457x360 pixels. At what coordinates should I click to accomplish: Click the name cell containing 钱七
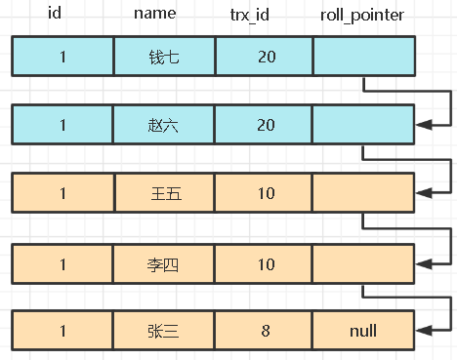tap(163, 57)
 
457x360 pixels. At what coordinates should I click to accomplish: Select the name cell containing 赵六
tap(163, 125)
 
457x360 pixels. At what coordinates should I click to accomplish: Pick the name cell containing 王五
tap(163, 193)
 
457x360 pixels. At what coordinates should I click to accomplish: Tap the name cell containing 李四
tap(163, 261)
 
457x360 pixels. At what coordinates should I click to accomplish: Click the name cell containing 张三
tap(163, 330)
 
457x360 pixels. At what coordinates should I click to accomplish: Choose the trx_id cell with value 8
tap(265, 330)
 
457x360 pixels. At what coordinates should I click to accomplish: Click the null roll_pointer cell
tap(363, 330)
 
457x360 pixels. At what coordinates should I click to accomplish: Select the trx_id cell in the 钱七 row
tap(265, 57)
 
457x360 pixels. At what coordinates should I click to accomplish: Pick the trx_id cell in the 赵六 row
tap(265, 125)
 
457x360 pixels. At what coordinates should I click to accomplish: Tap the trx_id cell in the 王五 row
tap(265, 193)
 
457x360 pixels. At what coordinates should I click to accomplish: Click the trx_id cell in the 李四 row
tap(265, 261)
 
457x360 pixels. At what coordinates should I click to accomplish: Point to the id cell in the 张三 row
tap(62, 330)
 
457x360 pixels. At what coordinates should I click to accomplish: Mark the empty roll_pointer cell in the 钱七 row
tap(363, 57)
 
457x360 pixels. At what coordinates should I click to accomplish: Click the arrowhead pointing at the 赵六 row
tap(422, 125)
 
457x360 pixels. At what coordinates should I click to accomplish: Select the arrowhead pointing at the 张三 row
tap(422, 330)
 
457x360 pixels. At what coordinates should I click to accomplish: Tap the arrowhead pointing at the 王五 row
tap(422, 193)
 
